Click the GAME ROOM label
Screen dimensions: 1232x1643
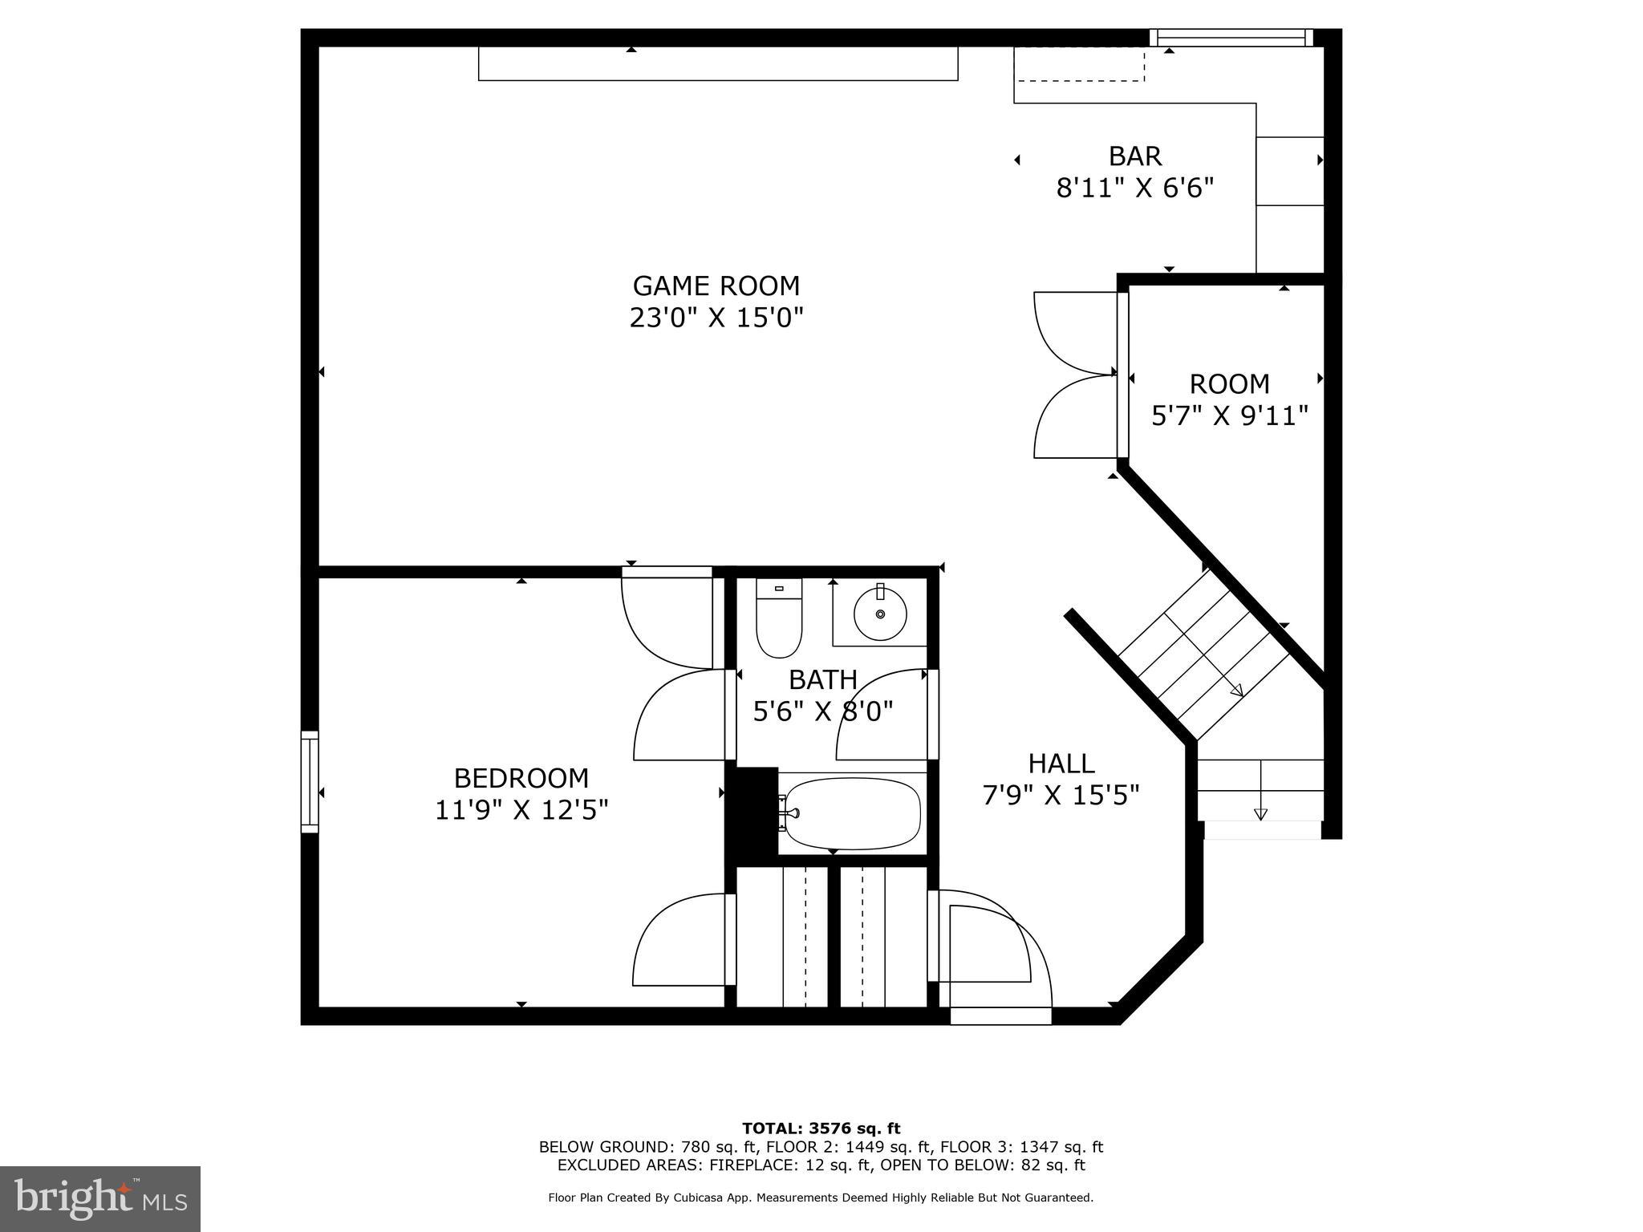point(716,286)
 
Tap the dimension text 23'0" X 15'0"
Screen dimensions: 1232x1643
point(716,318)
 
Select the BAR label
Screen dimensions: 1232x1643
point(1134,156)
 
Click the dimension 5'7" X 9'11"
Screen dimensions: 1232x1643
point(1229,415)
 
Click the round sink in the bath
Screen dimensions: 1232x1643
point(880,614)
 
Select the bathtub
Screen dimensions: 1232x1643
point(852,813)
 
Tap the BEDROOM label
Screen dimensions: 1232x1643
point(521,778)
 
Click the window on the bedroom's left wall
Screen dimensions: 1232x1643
point(310,781)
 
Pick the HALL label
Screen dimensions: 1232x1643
point(1061,763)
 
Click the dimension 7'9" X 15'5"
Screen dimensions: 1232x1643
point(1061,795)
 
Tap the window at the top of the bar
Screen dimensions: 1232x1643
point(1231,37)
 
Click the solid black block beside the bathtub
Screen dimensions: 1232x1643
point(752,814)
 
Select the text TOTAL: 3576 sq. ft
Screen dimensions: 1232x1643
point(821,1129)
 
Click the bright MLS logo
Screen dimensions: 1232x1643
point(99,1199)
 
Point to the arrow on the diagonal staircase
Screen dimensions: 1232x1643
point(1235,689)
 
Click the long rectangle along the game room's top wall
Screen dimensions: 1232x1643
point(717,63)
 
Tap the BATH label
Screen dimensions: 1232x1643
point(822,679)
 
